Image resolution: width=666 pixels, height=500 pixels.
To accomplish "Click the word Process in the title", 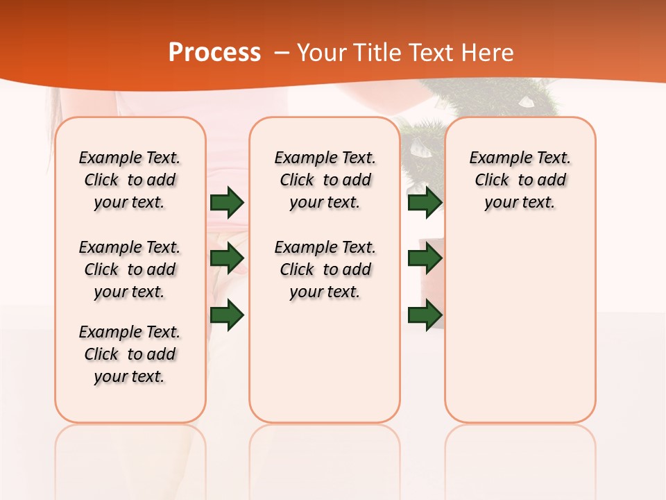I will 214,53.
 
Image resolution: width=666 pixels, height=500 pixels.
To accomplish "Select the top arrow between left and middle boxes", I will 227,203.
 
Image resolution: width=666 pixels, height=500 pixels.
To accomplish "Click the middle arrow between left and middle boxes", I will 227,259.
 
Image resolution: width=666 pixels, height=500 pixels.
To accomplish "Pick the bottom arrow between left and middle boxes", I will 227,315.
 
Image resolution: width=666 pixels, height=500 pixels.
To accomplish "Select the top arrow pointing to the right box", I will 425,203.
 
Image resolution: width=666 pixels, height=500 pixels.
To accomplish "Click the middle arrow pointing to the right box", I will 425,259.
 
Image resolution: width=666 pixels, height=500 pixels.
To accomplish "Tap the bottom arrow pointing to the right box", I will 425,315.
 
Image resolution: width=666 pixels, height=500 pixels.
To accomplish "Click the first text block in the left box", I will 130,180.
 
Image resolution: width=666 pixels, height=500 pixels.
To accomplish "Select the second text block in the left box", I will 130,269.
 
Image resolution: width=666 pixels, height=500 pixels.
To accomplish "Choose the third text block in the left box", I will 130,354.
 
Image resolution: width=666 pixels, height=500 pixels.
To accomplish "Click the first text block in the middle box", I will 325,180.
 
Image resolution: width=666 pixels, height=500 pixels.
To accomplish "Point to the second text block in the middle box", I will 325,269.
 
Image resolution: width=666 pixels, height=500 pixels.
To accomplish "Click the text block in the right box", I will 520,180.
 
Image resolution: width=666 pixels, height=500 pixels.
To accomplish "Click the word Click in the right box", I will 492,181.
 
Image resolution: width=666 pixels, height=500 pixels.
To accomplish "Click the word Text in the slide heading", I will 429,53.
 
